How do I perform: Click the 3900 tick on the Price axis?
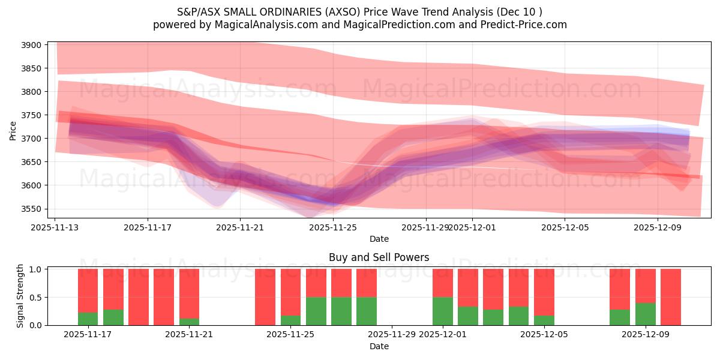point(33,45)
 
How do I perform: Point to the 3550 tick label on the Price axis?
point(33,209)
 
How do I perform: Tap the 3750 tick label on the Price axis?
point(33,115)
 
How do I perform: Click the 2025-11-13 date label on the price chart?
point(55,227)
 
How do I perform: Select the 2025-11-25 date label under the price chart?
point(333,227)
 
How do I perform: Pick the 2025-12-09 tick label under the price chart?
point(658,227)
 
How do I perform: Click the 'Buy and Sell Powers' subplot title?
point(379,257)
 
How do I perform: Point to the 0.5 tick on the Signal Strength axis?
point(36,297)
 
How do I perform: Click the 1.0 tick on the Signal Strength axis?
point(36,269)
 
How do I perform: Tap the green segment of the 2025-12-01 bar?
point(443,311)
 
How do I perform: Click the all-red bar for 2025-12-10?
point(670,297)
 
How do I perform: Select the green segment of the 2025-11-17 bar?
point(88,319)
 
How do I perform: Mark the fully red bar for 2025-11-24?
point(265,297)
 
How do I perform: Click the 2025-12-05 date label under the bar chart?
point(544,334)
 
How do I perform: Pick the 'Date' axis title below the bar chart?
point(379,346)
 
